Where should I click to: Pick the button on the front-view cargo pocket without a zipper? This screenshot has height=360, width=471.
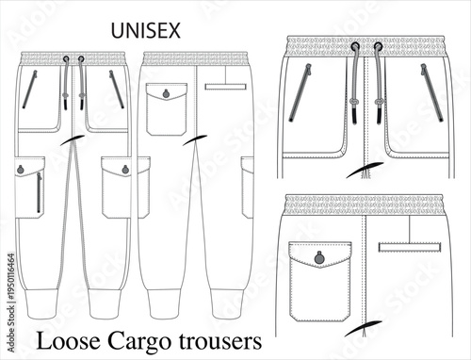(121, 171)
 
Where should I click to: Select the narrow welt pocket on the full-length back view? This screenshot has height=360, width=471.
(225, 87)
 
